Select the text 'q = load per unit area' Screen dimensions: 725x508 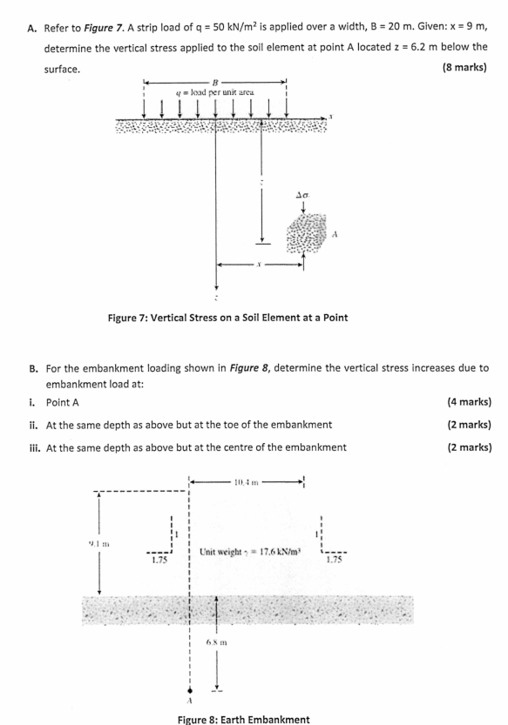point(214,91)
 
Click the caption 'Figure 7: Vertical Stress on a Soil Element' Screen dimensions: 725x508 point(227,317)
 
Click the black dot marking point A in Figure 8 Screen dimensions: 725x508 point(187,681)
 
